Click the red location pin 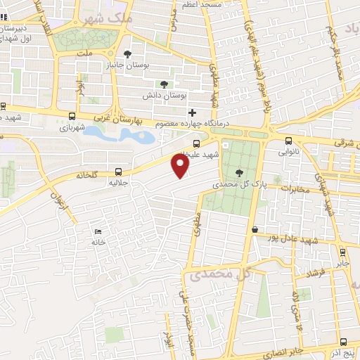click(181, 166)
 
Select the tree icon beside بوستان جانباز click(127, 53)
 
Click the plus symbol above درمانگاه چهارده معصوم click(192, 112)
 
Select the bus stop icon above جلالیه click(118, 171)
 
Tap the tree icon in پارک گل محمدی click(240, 172)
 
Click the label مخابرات click(295, 188)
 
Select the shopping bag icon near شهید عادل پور click(255, 229)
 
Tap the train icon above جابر click(342, 252)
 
